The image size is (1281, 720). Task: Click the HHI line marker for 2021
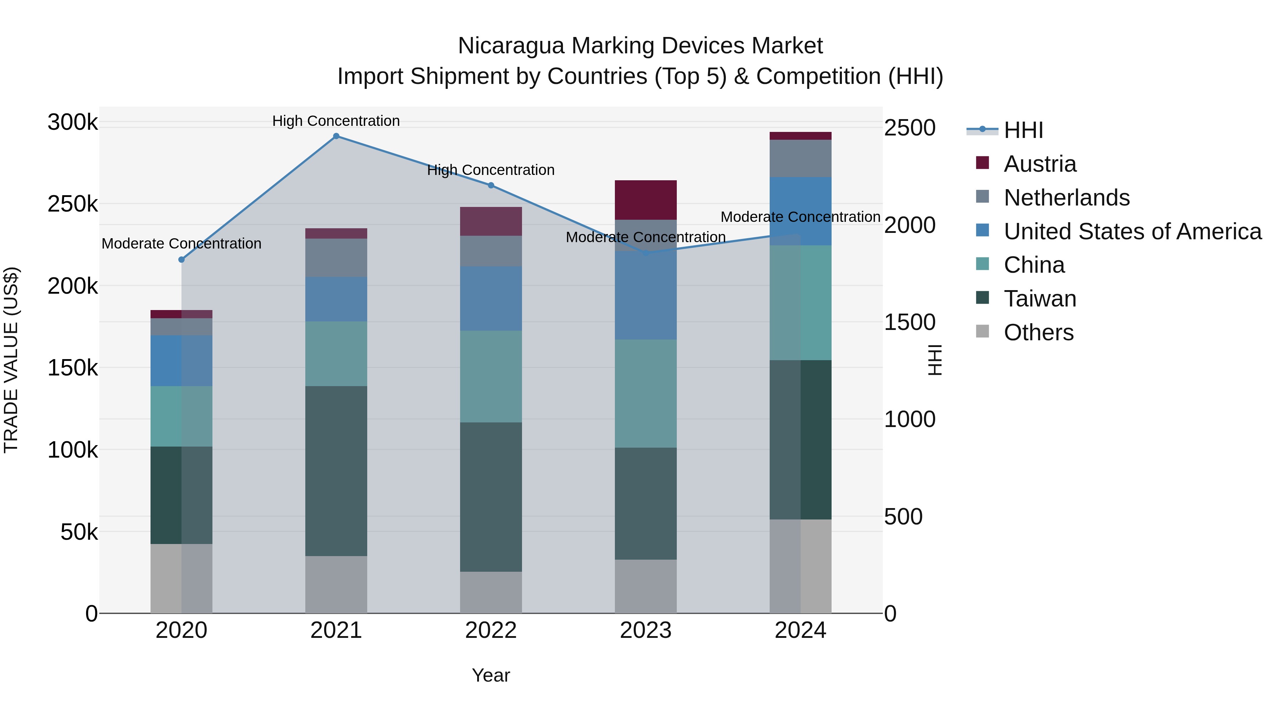coord(336,136)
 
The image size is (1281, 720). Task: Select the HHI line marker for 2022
coord(491,185)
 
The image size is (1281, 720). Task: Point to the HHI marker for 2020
coord(181,260)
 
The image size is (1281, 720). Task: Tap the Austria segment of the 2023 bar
coord(645,200)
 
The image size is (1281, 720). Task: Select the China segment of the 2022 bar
coord(491,377)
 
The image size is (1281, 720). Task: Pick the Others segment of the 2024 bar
coord(801,566)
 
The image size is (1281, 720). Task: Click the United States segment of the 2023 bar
coord(645,296)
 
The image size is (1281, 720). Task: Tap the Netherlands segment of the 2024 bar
coord(801,159)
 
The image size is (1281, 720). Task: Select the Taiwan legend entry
coord(1039,299)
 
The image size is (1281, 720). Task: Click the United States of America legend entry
coord(1132,231)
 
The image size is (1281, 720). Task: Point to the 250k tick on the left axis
coord(73,204)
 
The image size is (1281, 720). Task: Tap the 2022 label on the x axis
coord(491,630)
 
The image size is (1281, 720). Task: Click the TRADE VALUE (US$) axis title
coord(11,360)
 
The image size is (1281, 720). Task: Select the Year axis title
coord(491,675)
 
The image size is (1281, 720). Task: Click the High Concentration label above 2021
coord(336,121)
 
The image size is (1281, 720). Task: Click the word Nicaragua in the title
coord(511,46)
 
